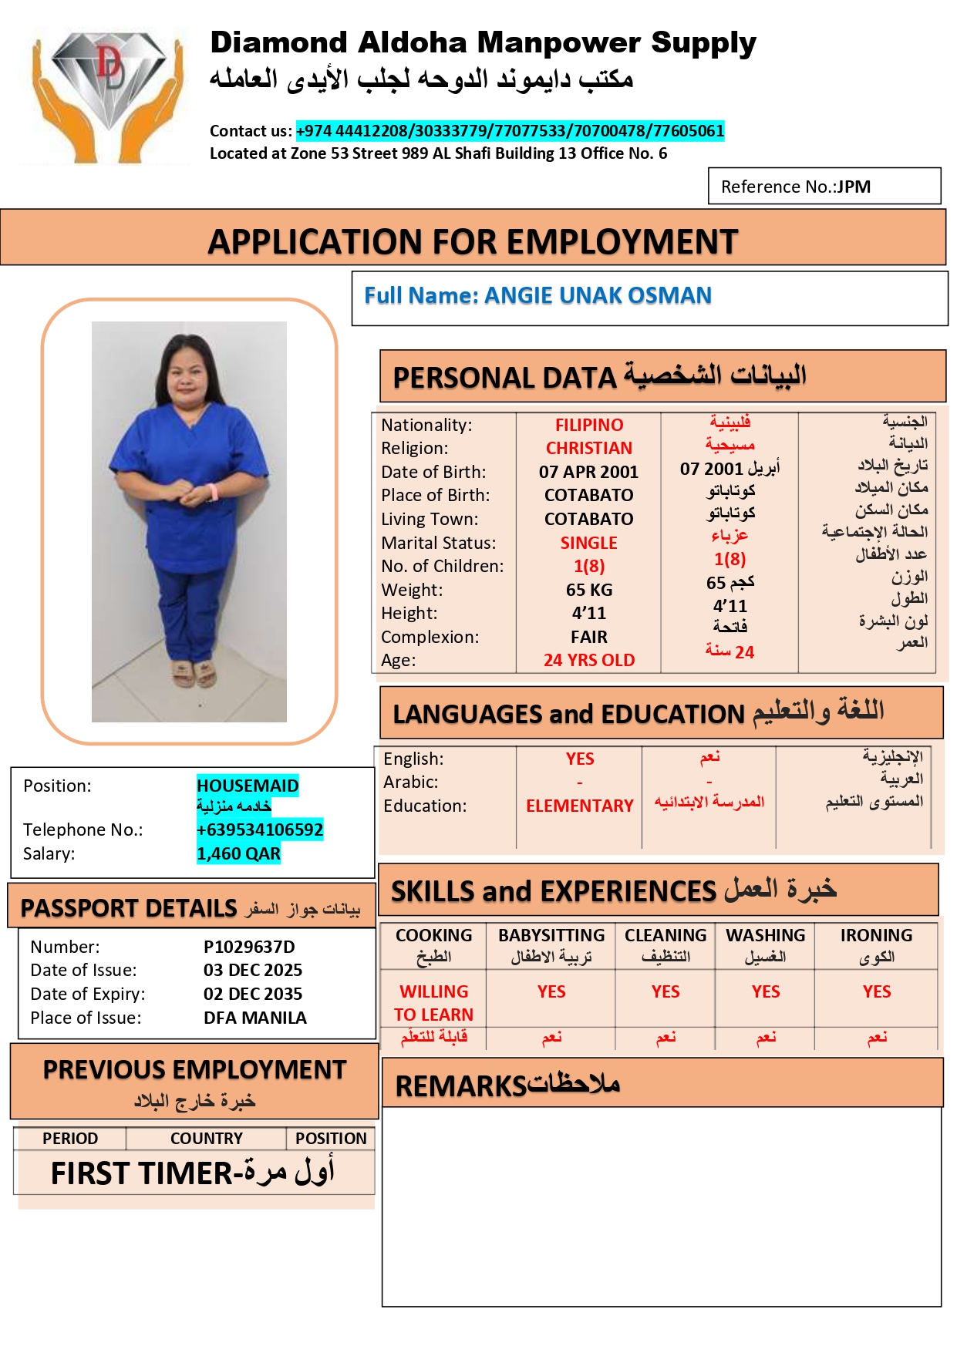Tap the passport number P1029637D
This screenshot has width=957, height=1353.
[249, 947]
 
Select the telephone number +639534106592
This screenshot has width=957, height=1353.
[260, 830]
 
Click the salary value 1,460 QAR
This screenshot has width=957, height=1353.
[238, 853]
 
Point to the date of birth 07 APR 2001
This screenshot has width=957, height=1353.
[588, 472]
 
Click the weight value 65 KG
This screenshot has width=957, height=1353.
[589, 590]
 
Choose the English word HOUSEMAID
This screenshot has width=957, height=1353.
[248, 786]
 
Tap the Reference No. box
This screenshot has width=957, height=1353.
[824, 187]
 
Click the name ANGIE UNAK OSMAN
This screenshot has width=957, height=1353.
[598, 295]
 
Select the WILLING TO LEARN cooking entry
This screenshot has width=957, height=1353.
[433, 1003]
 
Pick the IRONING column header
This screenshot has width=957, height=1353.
[876, 935]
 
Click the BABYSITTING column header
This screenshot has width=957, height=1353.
[551, 935]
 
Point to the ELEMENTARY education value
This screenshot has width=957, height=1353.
[579, 806]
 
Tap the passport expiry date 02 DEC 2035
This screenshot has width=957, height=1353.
[253, 994]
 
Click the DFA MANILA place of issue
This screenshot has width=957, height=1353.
[255, 1018]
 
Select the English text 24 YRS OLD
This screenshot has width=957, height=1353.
[589, 660]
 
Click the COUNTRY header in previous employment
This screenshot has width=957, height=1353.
[206, 1139]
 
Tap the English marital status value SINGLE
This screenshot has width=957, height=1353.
[588, 543]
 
